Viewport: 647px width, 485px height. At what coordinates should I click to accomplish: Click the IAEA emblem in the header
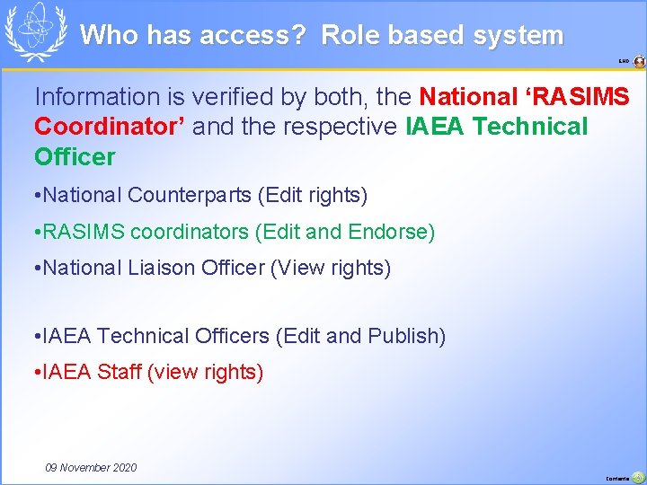36,31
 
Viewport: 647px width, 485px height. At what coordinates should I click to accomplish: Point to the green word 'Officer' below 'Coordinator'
75,157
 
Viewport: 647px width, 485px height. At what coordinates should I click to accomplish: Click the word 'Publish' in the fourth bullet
405,336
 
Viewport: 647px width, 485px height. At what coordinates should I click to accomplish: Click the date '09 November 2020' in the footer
91,467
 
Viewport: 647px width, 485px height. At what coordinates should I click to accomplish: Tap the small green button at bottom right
637,477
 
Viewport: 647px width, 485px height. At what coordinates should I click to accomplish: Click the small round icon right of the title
639,62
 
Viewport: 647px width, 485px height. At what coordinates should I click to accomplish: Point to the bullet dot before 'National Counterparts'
34,195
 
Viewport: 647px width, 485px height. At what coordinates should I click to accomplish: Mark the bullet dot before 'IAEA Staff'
34,373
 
